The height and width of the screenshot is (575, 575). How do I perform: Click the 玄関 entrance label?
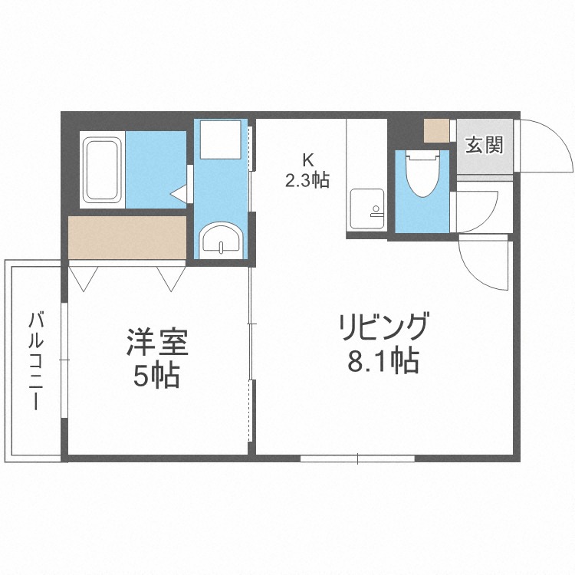(484, 144)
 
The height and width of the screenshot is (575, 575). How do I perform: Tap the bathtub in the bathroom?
(102, 169)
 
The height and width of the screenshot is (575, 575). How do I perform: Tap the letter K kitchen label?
(308, 160)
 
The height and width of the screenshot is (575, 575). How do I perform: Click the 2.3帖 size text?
(307, 179)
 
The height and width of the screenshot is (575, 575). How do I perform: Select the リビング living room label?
(383, 327)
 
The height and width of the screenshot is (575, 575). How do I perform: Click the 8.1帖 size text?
(383, 361)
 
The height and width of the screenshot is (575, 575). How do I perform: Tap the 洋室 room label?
(157, 343)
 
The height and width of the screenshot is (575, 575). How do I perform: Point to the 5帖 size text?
(156, 376)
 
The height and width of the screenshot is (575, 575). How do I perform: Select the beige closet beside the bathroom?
(127, 238)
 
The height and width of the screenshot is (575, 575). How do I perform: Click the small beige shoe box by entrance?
(436, 131)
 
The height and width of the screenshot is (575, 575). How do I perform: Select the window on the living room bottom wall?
(357, 458)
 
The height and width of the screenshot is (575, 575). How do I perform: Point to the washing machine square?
(221, 140)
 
